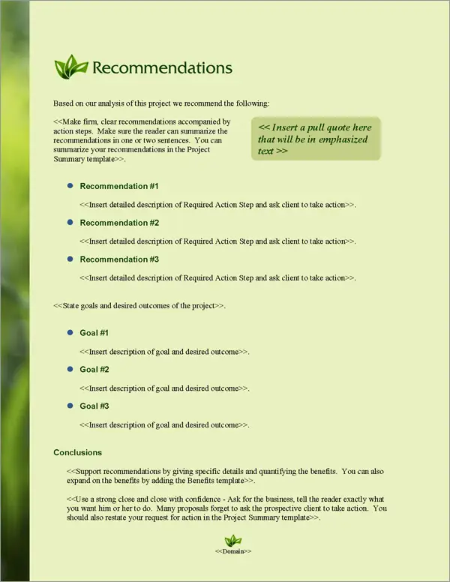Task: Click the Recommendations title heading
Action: [x=161, y=67]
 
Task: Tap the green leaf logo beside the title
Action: [x=70, y=67]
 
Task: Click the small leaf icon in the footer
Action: [x=233, y=540]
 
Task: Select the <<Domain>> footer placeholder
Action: [x=233, y=551]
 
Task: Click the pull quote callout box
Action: [x=315, y=139]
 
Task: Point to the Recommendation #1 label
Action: [x=119, y=186]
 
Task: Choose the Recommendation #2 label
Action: [x=119, y=223]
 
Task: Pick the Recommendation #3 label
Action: [x=119, y=259]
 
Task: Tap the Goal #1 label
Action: [x=94, y=333]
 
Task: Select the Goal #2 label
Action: [x=94, y=370]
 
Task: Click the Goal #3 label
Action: [x=94, y=406]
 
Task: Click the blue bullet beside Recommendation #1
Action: [x=70, y=185]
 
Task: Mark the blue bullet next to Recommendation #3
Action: [x=70, y=259]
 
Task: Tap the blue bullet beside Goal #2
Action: [x=70, y=369]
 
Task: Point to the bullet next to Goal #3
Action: [x=70, y=406]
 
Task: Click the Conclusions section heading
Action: [x=78, y=453]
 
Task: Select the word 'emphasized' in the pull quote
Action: [x=343, y=139]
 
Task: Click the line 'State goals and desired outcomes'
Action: [x=139, y=306]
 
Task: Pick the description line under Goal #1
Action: [x=165, y=352]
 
